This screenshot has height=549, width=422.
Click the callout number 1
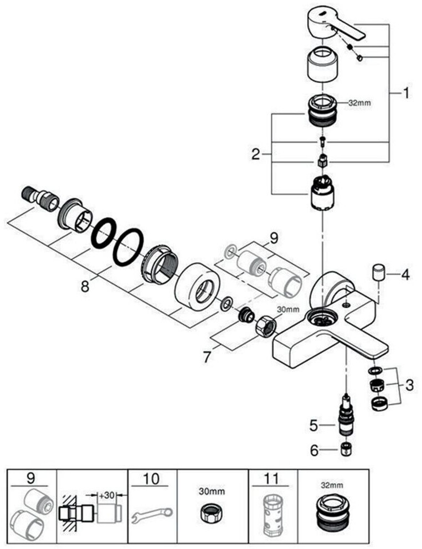coord(405,94)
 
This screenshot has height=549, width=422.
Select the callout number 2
coord(256,154)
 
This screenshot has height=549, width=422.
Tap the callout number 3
coord(409,386)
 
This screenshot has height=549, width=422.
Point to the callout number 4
coord(405,275)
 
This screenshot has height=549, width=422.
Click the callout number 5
coord(313,426)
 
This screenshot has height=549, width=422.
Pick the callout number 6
coord(313,450)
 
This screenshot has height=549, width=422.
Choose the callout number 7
coord(207,358)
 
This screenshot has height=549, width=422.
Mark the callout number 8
coord(85,287)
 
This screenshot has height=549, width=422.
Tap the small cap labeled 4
coord(378,272)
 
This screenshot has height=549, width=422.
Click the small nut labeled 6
coord(346,449)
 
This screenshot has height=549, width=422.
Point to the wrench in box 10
coord(152,515)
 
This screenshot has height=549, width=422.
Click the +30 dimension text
coord(106,495)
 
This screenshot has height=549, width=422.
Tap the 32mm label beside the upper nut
coord(359,103)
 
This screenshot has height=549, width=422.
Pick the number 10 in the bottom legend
coord(151,479)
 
